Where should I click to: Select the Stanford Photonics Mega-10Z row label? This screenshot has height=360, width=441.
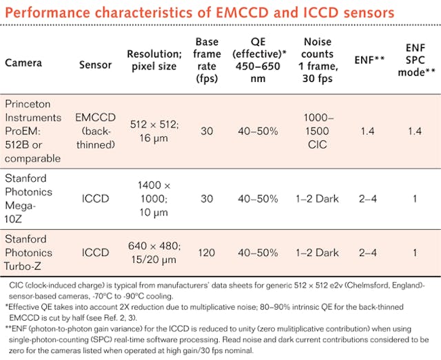(x=34, y=198)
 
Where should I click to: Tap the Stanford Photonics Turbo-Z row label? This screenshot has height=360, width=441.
(x=34, y=252)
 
